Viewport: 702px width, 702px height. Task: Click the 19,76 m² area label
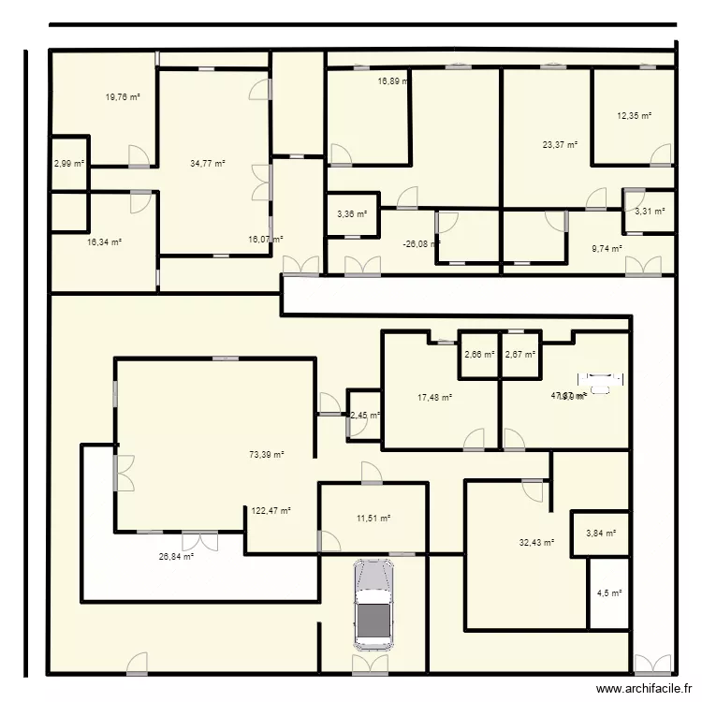pos(122,96)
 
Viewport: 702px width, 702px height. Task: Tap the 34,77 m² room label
pos(207,164)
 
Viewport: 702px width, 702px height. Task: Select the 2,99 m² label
pos(68,164)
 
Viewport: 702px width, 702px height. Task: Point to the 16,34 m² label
pos(104,241)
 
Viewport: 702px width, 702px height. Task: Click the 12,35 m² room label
pos(634,116)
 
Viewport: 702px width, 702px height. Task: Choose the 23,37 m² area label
pos(560,145)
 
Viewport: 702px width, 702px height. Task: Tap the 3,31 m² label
pos(650,212)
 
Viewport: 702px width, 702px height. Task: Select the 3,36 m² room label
pos(351,214)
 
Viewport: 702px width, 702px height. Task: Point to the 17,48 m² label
pos(434,397)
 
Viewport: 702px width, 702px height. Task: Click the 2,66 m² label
pos(479,355)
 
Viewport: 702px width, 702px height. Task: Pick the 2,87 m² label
pos(519,355)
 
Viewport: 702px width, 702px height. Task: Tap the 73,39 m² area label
pos(266,455)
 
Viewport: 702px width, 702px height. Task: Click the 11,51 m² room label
pos(373,518)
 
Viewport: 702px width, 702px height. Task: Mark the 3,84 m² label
pos(601,534)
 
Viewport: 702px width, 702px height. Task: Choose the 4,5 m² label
pos(608,592)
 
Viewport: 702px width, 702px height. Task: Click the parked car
pos(372,605)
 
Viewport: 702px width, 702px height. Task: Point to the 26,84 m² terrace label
pos(176,556)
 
